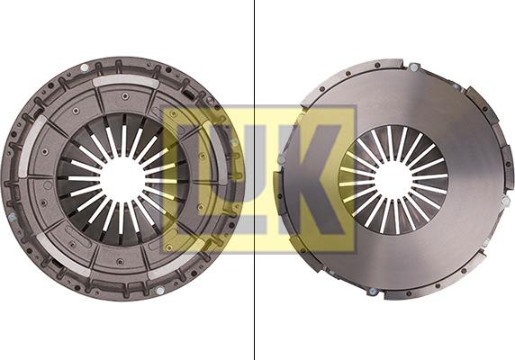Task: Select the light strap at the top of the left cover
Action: pos(123,80)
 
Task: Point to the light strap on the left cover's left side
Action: pos(34,144)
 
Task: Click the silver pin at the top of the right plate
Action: pos(413,67)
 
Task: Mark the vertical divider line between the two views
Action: pos(255,180)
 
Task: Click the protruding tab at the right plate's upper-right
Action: pos(474,94)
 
